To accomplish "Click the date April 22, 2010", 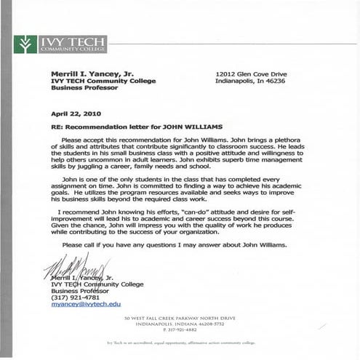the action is (77, 114).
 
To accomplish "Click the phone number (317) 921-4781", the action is (76, 297).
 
